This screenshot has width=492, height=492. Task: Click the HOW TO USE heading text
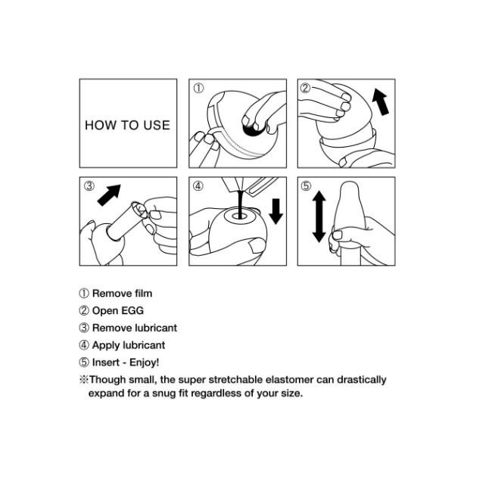pyautogui.click(x=127, y=125)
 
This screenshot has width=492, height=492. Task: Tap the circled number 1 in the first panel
pyautogui.click(x=198, y=88)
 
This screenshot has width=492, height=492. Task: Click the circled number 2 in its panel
pyautogui.click(x=305, y=88)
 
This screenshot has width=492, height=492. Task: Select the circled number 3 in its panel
pyautogui.click(x=89, y=185)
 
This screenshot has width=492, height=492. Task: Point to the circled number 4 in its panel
pyautogui.click(x=198, y=185)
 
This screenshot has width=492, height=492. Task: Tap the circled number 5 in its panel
pyautogui.click(x=306, y=185)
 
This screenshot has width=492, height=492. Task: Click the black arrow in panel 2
pyautogui.click(x=381, y=101)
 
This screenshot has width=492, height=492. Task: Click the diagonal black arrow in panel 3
pyautogui.click(x=109, y=195)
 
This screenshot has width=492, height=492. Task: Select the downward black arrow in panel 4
pyautogui.click(x=276, y=211)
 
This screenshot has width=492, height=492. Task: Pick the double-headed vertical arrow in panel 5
pyautogui.click(x=319, y=216)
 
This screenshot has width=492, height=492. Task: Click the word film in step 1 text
pyautogui.click(x=143, y=294)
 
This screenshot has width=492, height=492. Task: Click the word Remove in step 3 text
pyautogui.click(x=112, y=328)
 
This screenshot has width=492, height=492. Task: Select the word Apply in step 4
pyautogui.click(x=106, y=345)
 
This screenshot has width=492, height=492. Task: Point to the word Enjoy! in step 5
pyautogui.click(x=145, y=363)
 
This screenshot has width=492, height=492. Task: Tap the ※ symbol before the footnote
pyautogui.click(x=84, y=380)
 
